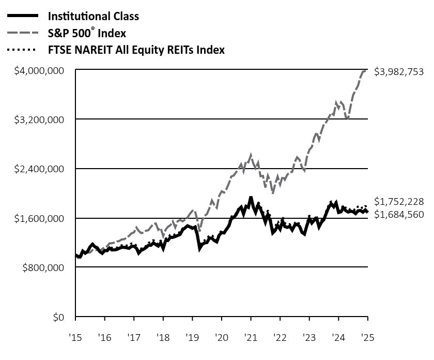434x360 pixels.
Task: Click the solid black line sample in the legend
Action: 22,16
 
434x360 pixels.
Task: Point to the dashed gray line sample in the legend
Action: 22,33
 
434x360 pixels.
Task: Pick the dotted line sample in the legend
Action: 22,50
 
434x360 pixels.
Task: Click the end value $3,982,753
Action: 399,72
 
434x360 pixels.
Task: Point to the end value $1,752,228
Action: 399,201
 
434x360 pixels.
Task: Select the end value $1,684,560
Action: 399,214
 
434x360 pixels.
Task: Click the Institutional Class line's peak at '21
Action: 251,198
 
